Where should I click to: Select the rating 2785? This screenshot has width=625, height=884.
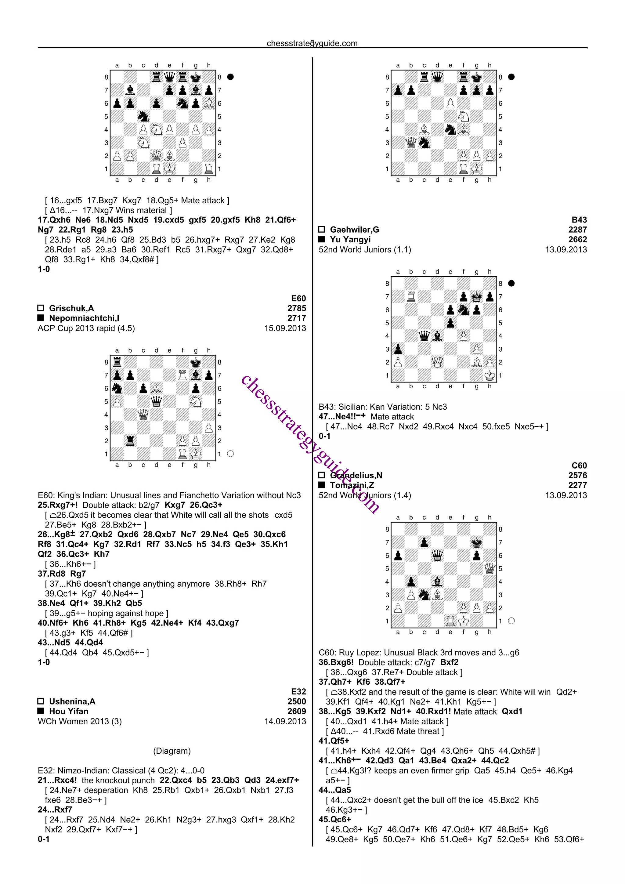coord(296,308)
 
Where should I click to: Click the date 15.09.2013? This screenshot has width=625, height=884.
coord(285,328)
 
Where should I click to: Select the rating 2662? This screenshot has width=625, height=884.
coord(577,240)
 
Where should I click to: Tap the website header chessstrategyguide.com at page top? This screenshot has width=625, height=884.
coord(312,43)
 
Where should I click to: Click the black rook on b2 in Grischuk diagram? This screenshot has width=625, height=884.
coord(130,441)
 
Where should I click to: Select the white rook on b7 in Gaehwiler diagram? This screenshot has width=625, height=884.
coord(411,296)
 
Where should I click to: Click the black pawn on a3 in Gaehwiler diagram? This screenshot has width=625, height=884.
coord(398,349)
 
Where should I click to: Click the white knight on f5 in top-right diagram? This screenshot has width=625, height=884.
coord(463,116)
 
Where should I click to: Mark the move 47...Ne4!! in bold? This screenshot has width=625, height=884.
coord(341,417)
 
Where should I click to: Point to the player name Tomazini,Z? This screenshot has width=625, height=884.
coord(352,485)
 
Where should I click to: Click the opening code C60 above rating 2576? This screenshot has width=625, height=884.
coord(579,466)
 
